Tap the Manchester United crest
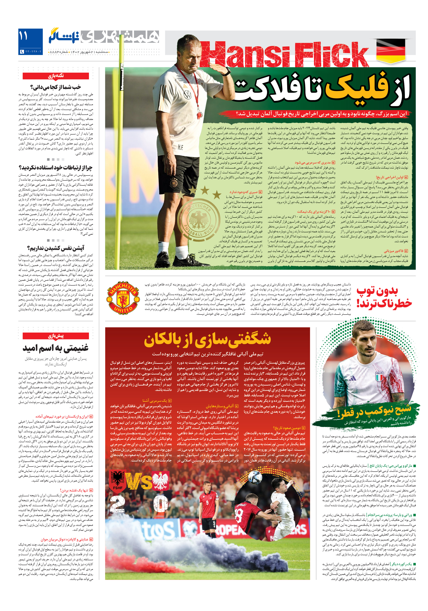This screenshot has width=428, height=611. click(x=123, y=298)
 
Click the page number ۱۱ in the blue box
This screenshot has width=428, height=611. click(x=23, y=36)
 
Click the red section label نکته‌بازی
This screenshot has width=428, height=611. click(x=56, y=76)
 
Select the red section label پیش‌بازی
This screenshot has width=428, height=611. click(x=56, y=336)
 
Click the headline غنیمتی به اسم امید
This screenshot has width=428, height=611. click(x=55, y=348)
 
